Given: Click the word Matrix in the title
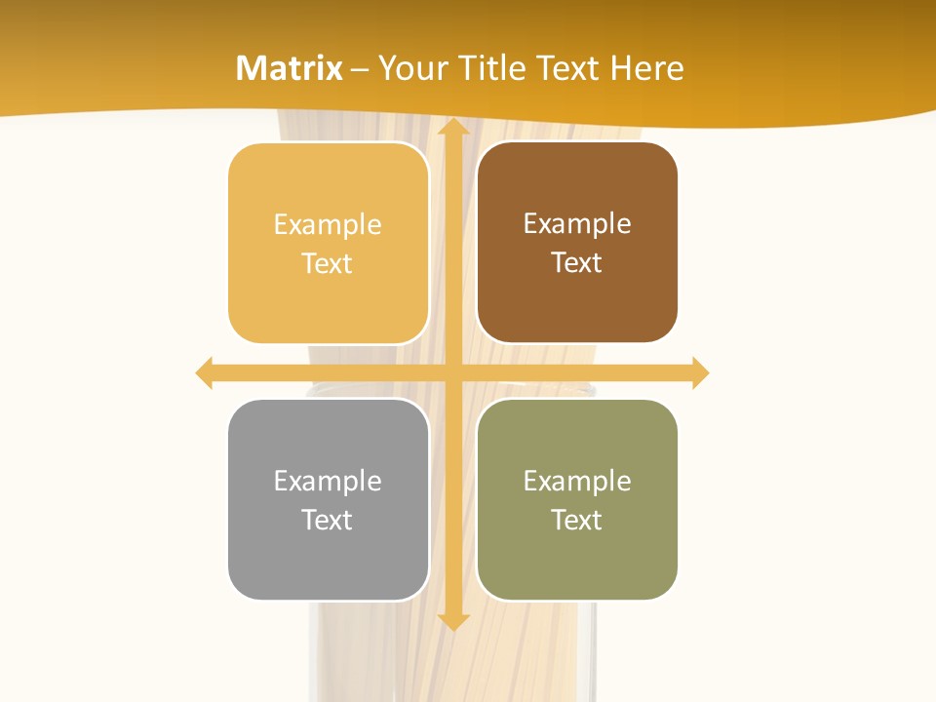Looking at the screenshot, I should (x=290, y=68).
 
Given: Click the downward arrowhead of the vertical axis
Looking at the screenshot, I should (x=452, y=621).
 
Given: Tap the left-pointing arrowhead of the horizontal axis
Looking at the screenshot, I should (x=205, y=373).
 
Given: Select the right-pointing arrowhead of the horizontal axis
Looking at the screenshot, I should (x=700, y=373).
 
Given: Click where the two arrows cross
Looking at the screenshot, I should (x=452, y=373).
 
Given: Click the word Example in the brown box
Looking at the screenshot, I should (x=577, y=223).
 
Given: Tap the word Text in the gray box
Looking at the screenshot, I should (x=327, y=520).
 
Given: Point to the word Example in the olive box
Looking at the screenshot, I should (x=577, y=481).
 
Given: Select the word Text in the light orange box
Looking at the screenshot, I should (x=327, y=263).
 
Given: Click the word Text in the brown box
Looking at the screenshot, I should (x=577, y=262).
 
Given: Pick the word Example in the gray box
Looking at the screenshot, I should (x=328, y=481).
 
